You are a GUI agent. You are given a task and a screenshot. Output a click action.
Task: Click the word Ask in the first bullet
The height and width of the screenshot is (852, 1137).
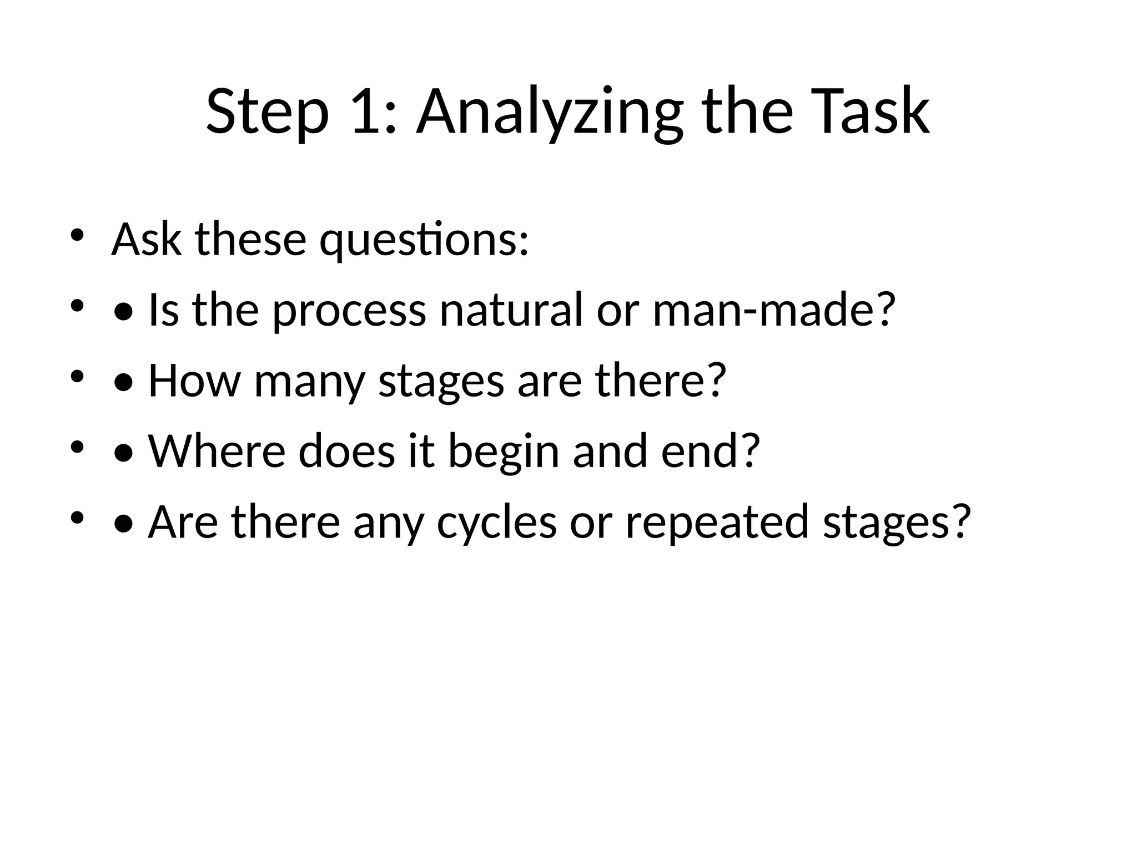(x=147, y=239)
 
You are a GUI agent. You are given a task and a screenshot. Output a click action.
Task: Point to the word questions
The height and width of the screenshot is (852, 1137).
(x=424, y=240)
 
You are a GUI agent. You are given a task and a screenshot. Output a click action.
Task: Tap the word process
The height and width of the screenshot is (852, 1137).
(x=349, y=311)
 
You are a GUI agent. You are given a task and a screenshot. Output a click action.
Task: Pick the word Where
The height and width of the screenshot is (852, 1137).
(x=217, y=451)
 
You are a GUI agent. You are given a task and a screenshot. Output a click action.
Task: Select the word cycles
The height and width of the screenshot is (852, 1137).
(x=496, y=523)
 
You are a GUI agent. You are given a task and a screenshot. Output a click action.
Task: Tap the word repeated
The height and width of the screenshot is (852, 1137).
(x=717, y=523)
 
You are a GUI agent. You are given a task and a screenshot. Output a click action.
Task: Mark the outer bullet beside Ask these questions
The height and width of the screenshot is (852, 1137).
(x=77, y=235)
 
